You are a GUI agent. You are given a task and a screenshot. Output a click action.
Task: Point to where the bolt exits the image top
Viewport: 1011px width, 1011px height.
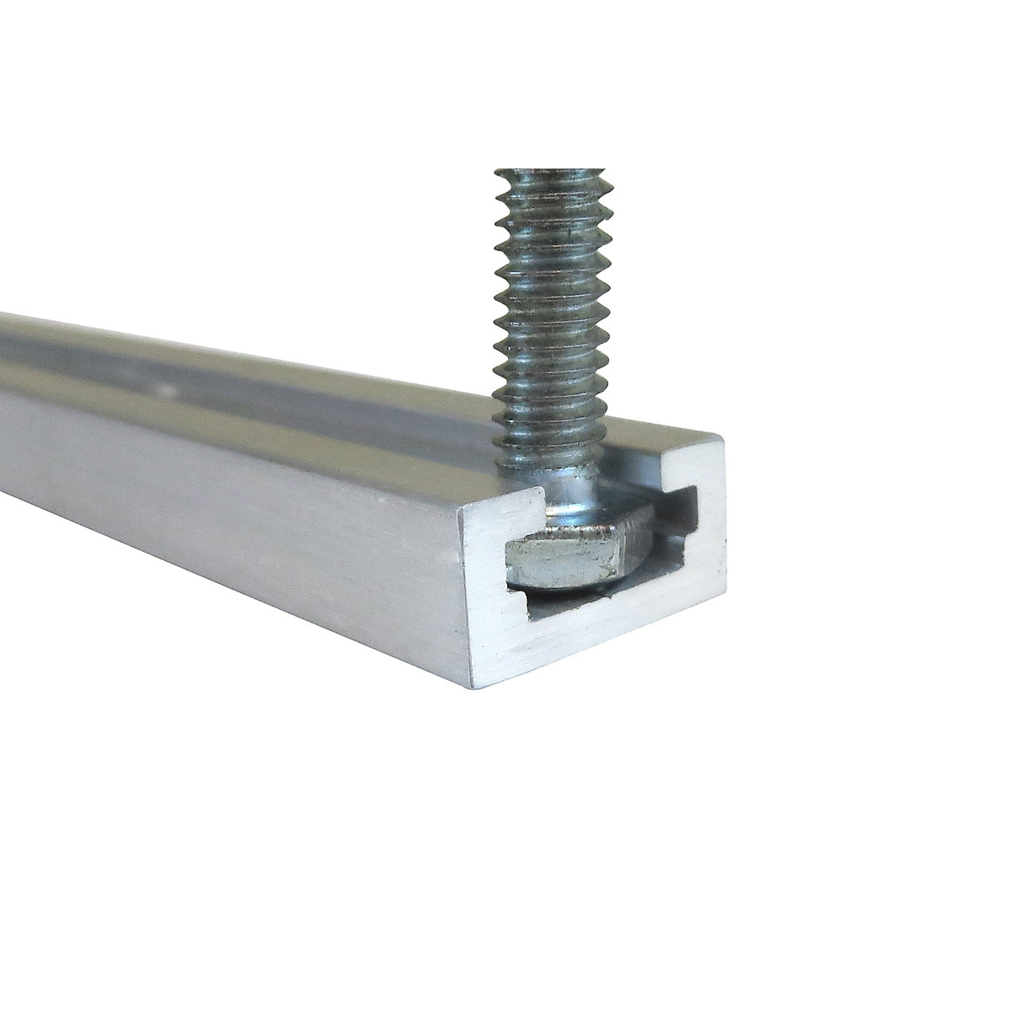click(548, 174)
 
